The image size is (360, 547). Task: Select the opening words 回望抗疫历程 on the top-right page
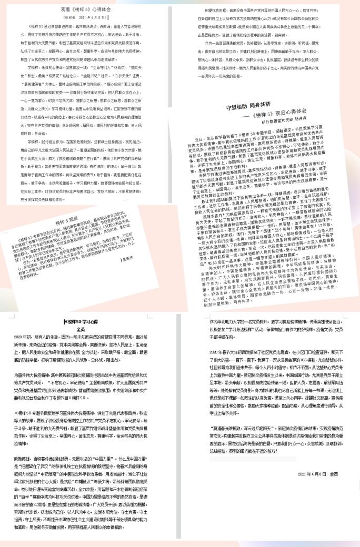pos(216,10)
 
